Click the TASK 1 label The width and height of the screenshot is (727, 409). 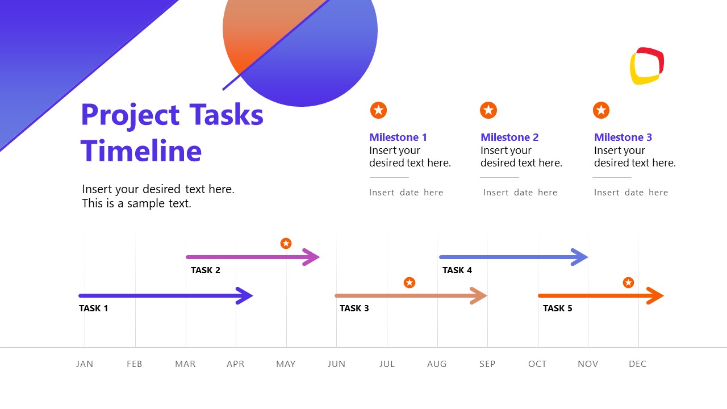(94, 308)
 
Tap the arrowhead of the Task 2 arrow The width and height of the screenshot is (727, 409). (312, 257)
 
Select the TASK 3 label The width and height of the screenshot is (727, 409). (354, 308)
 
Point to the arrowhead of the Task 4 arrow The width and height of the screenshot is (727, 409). (580, 257)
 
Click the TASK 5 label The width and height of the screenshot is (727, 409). (558, 308)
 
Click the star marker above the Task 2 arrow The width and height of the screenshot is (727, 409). (286, 243)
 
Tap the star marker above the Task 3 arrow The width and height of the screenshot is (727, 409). (410, 282)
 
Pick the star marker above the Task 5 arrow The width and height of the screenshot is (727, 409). (628, 282)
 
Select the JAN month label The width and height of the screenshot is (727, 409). (85, 364)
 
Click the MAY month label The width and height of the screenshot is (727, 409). (286, 364)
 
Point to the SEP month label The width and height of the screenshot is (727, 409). (487, 364)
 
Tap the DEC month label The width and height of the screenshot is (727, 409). (638, 364)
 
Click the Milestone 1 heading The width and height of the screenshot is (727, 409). (398, 137)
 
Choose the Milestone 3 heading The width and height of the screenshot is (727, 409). (623, 137)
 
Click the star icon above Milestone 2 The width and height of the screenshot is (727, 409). (488, 110)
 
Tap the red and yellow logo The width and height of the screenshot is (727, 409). (647, 66)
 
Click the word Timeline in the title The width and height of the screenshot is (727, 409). (141, 151)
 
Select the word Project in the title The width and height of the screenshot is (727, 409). (131, 115)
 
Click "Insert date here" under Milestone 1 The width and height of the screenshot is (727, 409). (406, 193)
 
